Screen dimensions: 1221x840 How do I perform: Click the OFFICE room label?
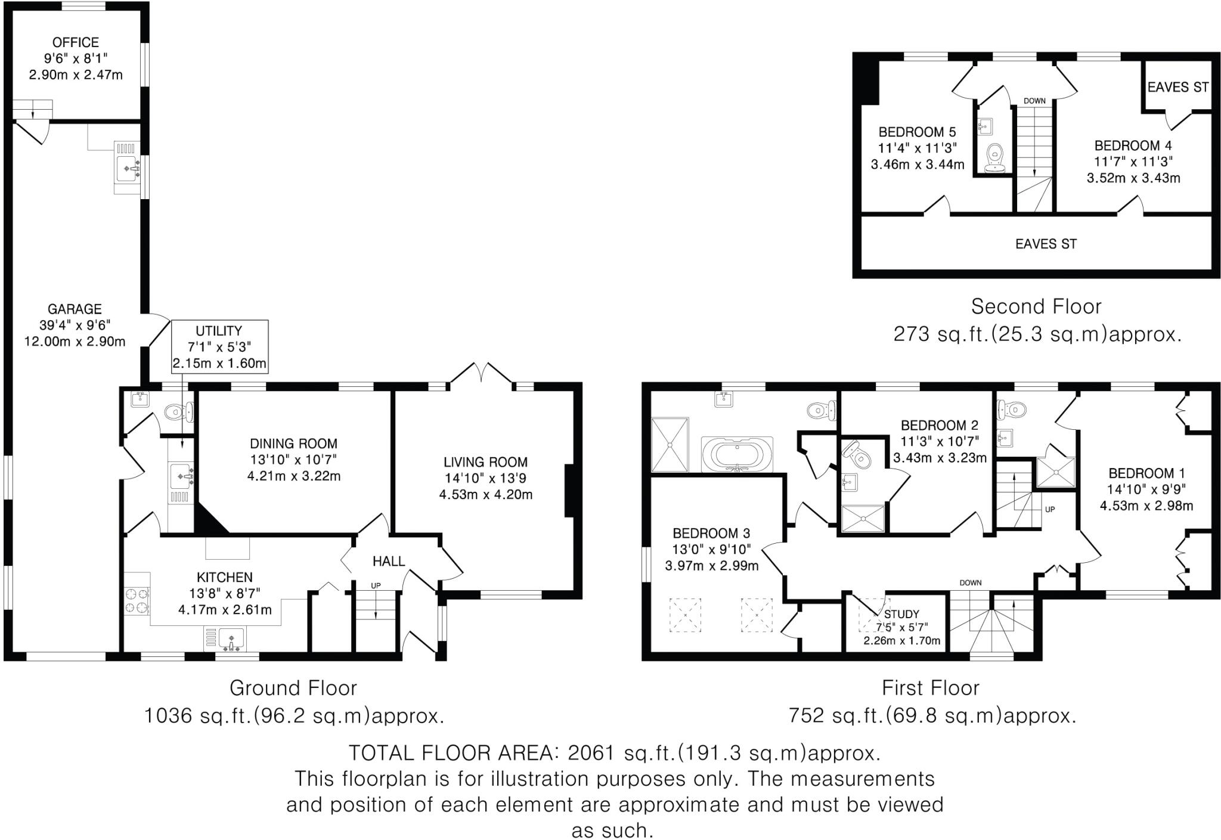click(x=76, y=42)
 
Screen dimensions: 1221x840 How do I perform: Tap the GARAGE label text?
click(x=75, y=309)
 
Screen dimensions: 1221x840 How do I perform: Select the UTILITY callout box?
click(x=219, y=346)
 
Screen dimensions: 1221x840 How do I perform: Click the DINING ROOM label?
click(x=293, y=444)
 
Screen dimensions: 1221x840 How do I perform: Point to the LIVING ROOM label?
click(x=485, y=462)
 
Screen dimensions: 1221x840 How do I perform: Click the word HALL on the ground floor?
click(x=389, y=561)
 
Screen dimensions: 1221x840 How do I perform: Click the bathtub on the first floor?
click(x=737, y=455)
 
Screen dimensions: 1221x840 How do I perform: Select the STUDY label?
click(x=901, y=614)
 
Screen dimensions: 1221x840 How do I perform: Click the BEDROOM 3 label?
click(x=711, y=533)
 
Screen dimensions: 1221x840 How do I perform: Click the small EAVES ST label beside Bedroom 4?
click(x=1177, y=88)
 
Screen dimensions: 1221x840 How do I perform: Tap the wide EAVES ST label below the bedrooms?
click(x=1046, y=244)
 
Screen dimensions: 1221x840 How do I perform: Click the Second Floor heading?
click(x=1036, y=306)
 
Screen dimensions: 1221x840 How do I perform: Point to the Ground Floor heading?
click(x=293, y=688)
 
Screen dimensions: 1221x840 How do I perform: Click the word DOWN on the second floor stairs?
click(x=1034, y=101)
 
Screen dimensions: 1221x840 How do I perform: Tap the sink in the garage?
click(x=128, y=169)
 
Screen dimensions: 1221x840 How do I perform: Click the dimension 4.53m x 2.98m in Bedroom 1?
click(x=1146, y=506)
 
